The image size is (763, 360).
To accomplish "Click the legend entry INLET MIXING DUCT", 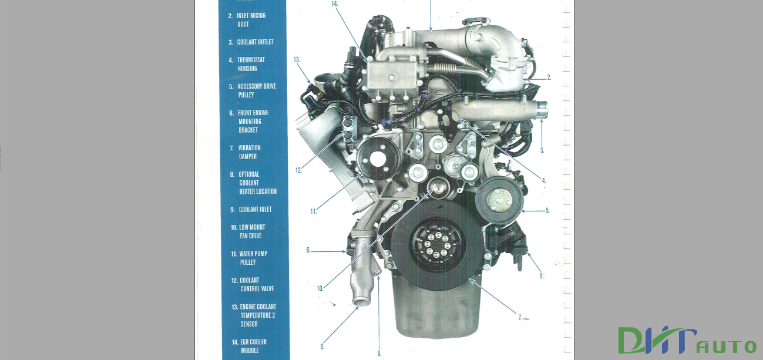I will [x=251, y=20].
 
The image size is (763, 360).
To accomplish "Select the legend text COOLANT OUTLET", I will [x=255, y=42].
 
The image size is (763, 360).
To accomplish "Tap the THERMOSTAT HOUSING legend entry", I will [x=251, y=64].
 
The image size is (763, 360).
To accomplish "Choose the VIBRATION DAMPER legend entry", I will [x=249, y=152].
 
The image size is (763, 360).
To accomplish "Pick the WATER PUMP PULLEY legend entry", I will [x=253, y=258].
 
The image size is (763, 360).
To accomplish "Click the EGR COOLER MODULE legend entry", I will [x=253, y=346].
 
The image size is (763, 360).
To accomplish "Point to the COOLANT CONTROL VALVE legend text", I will [x=256, y=284].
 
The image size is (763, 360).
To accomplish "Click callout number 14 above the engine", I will [x=334, y=4].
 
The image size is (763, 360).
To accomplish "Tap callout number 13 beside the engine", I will [x=297, y=60].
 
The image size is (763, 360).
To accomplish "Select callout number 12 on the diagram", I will [x=298, y=170].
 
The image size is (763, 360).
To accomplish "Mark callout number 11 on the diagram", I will [x=314, y=211].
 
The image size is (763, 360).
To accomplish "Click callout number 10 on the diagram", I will [x=320, y=288].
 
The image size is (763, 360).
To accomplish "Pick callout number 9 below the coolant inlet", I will [x=322, y=346].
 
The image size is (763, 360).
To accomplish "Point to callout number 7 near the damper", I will [x=520, y=317].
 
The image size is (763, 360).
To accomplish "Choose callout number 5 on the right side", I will [x=547, y=210].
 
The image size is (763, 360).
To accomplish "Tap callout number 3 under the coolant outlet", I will [x=542, y=150].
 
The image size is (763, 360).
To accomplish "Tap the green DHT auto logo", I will [x=686, y=340].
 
